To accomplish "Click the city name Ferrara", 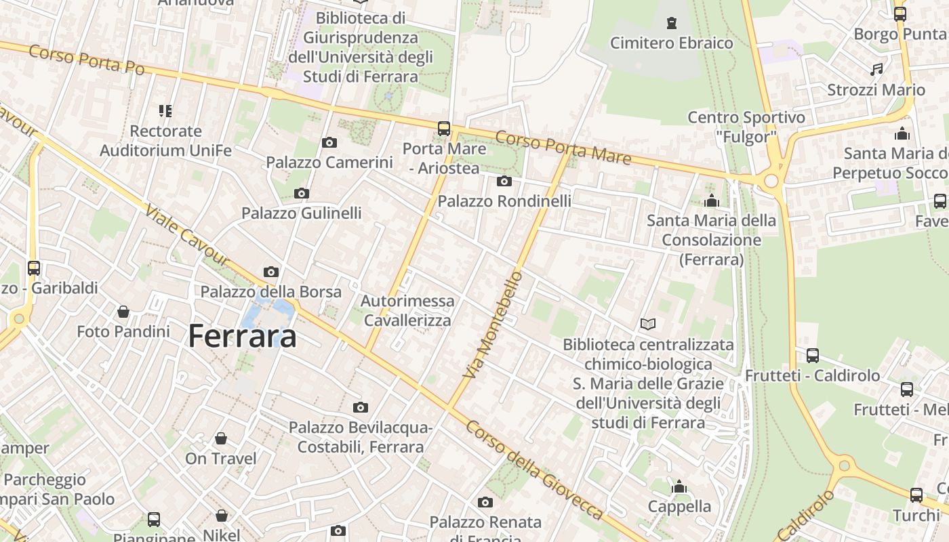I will point(242,336).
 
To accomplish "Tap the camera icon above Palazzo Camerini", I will point(329,142).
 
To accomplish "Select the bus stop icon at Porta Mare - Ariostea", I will point(444,128).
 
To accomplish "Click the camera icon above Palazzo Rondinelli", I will point(504,181).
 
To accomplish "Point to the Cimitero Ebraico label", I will point(671,43).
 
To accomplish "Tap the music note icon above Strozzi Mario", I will point(876,69).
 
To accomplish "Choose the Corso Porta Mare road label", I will point(563,148).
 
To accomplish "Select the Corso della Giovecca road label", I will point(534,470).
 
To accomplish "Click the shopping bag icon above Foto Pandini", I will point(123,312).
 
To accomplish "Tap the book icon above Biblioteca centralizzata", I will point(648,325).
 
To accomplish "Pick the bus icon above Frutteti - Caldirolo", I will point(812,355).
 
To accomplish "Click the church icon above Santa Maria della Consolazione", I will point(711,201).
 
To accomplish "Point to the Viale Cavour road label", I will point(187,236).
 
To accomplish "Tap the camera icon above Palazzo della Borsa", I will point(271,272).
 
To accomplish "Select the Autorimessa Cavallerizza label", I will point(407,310).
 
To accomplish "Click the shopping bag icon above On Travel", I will point(221,438).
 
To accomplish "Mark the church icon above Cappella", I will point(679,486).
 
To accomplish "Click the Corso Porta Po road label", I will point(87,60).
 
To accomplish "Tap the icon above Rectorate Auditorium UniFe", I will point(165,110).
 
